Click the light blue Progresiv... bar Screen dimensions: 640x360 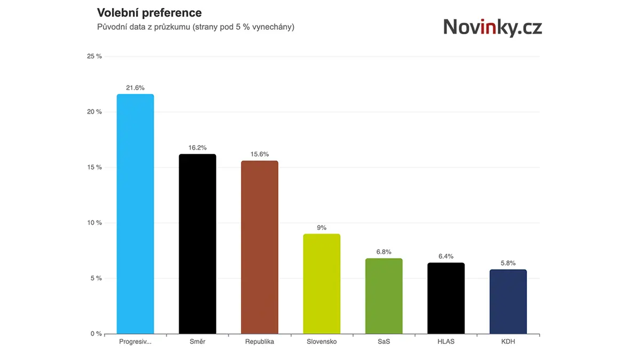click(135, 214)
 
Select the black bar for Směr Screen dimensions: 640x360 click(197, 244)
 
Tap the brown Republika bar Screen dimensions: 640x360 click(259, 247)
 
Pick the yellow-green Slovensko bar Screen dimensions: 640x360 click(322, 284)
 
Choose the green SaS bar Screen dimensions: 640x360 click(383, 296)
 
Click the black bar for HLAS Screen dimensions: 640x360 click(446, 298)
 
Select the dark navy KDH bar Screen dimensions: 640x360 click(508, 302)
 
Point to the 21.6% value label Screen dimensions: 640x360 click(135, 87)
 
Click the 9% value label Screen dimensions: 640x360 click(322, 228)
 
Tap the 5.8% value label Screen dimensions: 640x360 click(508, 263)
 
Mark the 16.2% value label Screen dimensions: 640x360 click(197, 148)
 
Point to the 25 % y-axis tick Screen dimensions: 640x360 click(94, 57)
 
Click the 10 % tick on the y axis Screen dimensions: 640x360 click(94, 222)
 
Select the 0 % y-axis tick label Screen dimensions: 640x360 click(97, 334)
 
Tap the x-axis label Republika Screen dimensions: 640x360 click(259, 342)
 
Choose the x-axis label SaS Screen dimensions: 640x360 click(383, 342)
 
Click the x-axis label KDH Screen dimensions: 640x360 click(508, 342)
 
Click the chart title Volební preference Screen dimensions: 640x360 click(149, 13)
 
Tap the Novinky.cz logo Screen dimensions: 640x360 click(493, 27)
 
